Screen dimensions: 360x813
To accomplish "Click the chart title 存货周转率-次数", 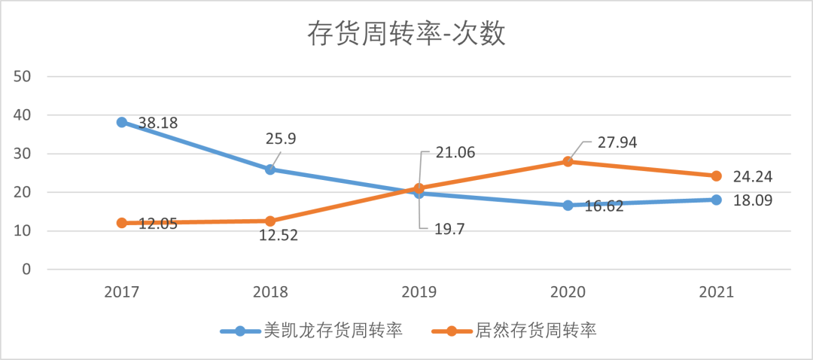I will pyautogui.click(x=406, y=35).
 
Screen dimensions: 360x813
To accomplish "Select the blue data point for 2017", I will pyautogui.click(x=122, y=122).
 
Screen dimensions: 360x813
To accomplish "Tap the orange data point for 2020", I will pyautogui.click(x=568, y=161).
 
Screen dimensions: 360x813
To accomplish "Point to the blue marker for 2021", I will pyautogui.click(x=716, y=200).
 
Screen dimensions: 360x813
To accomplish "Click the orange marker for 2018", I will pyautogui.click(x=270, y=221).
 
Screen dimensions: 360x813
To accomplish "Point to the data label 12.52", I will pyautogui.click(x=278, y=236).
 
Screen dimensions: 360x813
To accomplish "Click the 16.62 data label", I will pyautogui.click(x=604, y=206).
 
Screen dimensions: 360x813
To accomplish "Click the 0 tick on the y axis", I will pyautogui.click(x=26, y=270).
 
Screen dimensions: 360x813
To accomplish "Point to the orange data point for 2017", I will pyautogui.click(x=122, y=223).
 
